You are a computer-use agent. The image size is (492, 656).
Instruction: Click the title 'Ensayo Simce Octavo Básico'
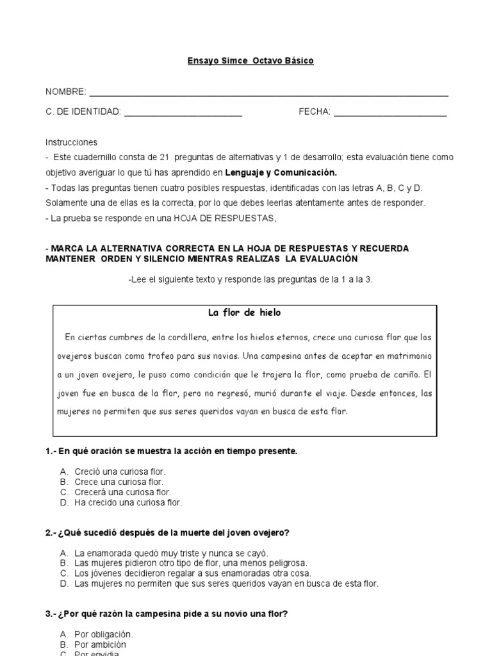(250, 61)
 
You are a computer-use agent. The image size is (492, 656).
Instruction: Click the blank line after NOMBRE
(268, 94)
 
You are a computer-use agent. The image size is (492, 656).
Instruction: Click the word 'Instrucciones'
(71, 142)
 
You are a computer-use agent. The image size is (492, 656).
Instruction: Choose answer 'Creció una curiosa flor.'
(120, 472)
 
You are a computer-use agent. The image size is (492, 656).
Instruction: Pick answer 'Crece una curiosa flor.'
(119, 482)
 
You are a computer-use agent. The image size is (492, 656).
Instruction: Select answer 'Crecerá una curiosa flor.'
(122, 493)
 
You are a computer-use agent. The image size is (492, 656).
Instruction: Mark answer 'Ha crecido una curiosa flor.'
(128, 503)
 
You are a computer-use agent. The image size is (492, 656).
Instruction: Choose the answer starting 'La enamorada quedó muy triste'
(162, 553)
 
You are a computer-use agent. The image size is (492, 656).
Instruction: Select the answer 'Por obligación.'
(103, 634)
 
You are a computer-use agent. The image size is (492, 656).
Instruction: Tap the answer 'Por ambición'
(100, 644)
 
